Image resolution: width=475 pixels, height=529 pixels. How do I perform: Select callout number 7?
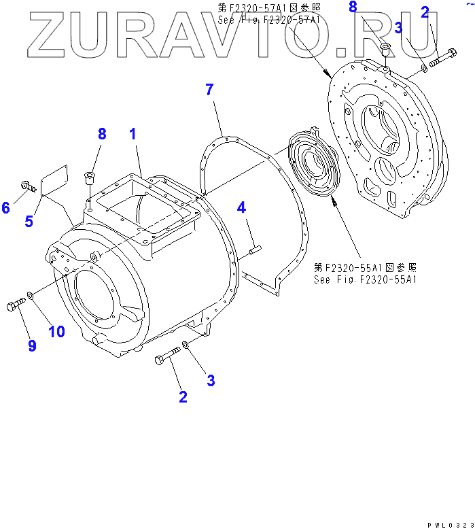click(210, 89)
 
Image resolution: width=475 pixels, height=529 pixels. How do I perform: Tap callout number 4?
click(241, 208)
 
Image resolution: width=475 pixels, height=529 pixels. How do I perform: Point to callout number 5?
click(29, 220)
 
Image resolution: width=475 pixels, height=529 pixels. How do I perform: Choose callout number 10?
click(56, 331)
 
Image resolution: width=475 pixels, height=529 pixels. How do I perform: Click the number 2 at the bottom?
click(183, 396)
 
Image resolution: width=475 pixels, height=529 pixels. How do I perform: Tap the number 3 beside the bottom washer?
click(211, 381)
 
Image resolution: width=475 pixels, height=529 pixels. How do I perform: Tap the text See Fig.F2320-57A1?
click(269, 20)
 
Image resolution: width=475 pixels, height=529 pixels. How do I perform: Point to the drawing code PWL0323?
click(449, 524)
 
